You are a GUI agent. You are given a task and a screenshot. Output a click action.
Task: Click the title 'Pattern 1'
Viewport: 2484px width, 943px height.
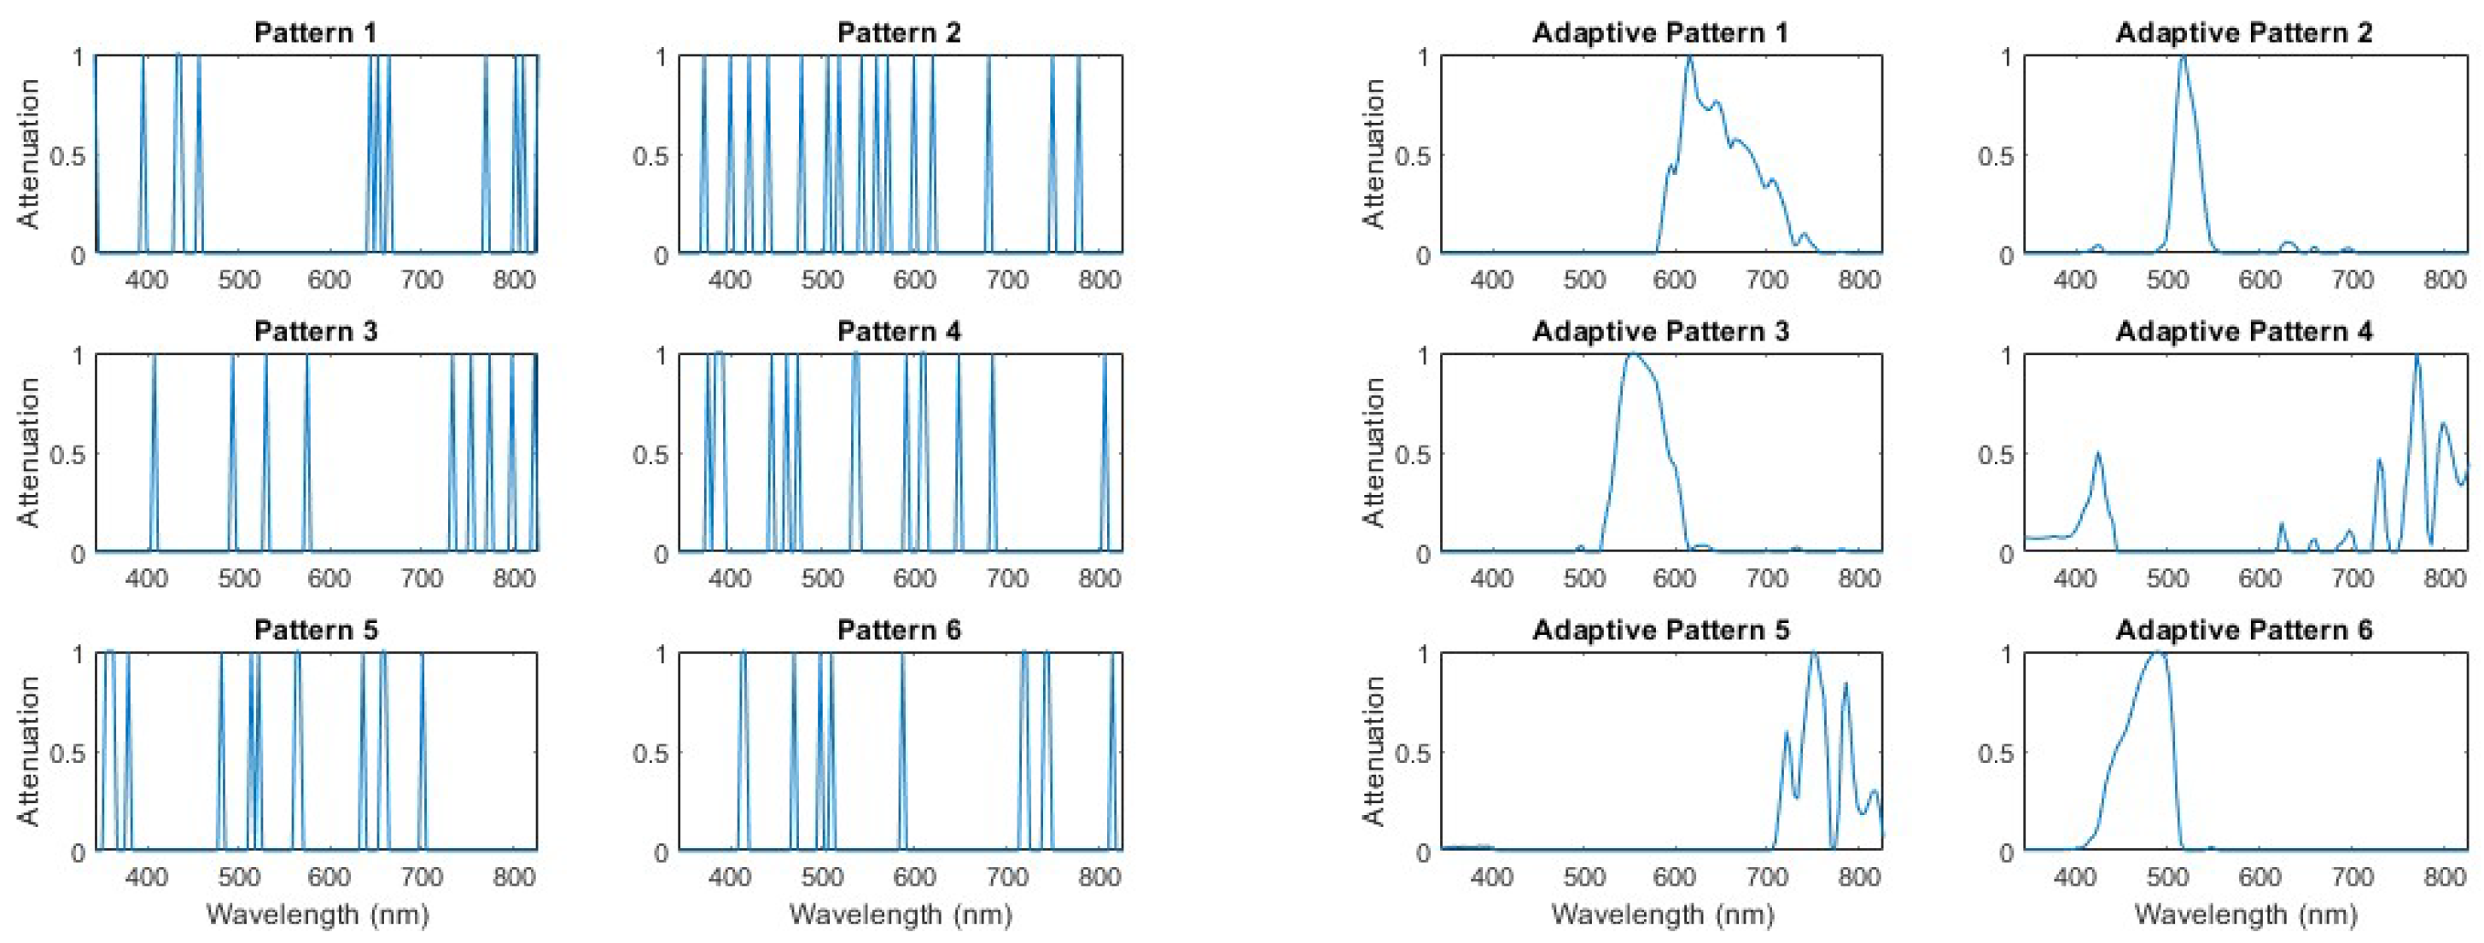point(315,32)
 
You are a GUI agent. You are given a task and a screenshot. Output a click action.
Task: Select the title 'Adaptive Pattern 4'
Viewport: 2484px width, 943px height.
point(2244,332)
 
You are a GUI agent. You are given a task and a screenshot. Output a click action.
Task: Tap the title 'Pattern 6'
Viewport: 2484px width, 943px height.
point(899,631)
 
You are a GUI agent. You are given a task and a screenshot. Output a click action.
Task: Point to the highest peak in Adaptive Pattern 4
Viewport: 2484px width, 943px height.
point(2417,358)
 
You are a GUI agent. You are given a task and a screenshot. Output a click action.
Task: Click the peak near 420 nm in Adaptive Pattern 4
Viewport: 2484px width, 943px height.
point(2097,453)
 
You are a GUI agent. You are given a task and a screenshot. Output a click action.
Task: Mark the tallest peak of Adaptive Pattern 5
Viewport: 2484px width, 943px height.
point(1814,655)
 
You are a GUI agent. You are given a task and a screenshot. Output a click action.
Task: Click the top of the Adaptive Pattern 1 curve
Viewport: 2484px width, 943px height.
point(1689,59)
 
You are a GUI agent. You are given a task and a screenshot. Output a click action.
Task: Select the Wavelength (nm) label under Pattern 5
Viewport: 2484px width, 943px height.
point(318,913)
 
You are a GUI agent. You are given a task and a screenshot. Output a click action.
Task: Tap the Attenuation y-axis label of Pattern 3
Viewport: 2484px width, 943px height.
point(29,452)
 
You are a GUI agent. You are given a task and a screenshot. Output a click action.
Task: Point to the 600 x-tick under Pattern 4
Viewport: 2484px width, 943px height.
point(914,579)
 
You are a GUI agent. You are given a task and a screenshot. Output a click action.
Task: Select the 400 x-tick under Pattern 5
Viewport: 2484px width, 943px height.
point(148,876)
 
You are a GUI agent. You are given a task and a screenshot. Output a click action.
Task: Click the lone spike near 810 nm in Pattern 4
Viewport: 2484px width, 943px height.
point(1105,453)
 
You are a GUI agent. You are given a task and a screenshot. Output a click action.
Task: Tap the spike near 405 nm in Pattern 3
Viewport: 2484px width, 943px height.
point(155,453)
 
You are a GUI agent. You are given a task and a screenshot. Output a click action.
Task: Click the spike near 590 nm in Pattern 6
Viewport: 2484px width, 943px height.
point(902,752)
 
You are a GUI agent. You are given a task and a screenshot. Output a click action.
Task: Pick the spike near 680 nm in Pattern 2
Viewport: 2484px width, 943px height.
point(988,154)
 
